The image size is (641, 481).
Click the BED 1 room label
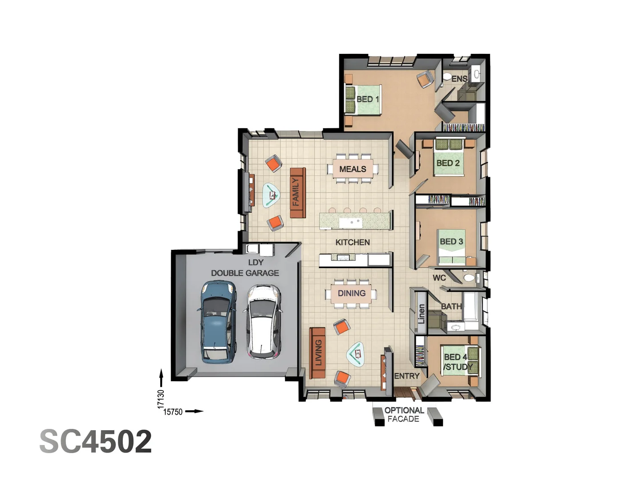368,99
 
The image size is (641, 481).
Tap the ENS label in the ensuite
459,79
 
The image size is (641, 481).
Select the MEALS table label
353,169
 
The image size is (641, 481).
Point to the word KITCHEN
353,242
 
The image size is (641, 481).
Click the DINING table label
352,293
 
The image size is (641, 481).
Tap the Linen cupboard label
421,314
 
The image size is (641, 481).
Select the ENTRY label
407,376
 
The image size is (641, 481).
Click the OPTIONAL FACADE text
404,415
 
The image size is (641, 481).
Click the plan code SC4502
96,442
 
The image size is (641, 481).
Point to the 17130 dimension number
161,399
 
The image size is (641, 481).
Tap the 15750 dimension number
173,412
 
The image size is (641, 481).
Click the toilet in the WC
469,278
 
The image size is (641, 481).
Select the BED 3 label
451,241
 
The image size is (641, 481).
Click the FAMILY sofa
297,192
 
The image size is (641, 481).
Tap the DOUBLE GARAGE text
245,273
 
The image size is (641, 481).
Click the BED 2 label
448,163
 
